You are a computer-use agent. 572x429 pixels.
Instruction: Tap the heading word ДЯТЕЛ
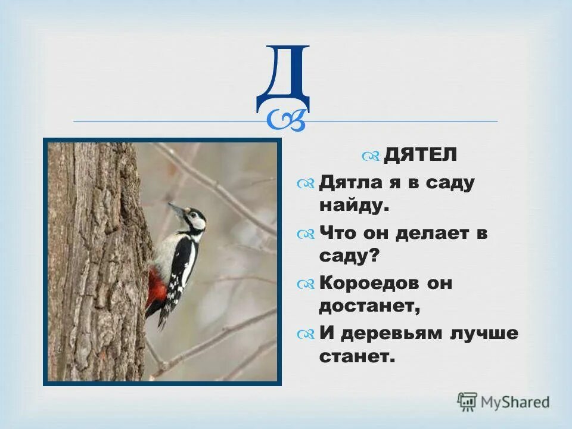click(x=421, y=155)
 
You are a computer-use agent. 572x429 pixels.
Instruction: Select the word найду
click(x=354, y=206)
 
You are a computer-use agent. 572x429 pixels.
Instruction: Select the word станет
click(x=357, y=357)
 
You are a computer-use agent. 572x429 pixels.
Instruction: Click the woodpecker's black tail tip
click(x=162, y=322)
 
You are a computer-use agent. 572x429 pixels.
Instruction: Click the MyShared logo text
click(x=515, y=402)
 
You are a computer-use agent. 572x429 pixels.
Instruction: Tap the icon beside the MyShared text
click(x=468, y=402)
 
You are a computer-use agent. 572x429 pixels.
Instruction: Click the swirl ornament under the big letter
click(x=287, y=119)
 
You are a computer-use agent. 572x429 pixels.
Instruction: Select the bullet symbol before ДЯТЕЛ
click(x=371, y=156)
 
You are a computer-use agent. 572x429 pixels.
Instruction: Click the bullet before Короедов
click(x=306, y=285)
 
